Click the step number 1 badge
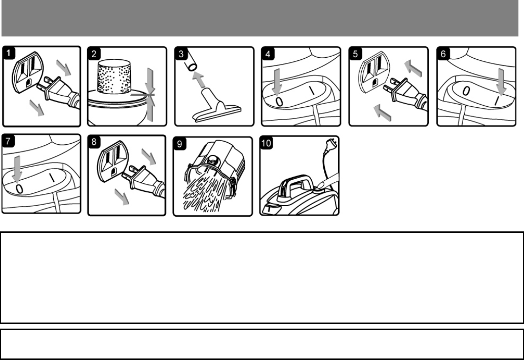coord(9,53)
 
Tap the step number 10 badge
coord(266,143)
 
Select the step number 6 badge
coord(443,54)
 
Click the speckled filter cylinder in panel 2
coord(114,77)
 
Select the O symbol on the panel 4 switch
coord(279,102)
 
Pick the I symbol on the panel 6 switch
coord(497,101)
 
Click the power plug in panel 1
coord(58,91)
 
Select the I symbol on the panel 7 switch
coord(53,177)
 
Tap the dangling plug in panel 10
coord(331,144)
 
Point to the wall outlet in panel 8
coord(112,161)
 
